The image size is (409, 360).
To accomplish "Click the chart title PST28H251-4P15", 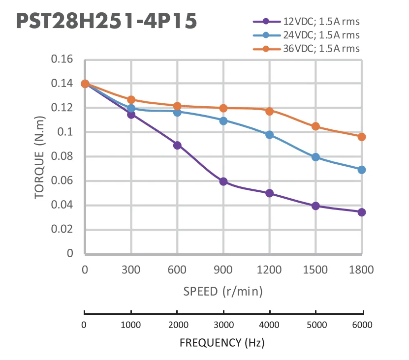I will (x=106, y=22).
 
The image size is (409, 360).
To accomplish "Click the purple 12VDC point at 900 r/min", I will (x=223, y=181).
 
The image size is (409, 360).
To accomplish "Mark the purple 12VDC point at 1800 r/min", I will (x=362, y=212).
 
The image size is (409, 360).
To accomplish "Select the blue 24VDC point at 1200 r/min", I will (x=269, y=135).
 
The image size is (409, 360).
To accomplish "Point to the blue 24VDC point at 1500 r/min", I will (x=315, y=157).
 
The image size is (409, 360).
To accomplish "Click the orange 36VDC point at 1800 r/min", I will (x=362, y=137).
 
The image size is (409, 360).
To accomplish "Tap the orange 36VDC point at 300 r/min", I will (x=131, y=100).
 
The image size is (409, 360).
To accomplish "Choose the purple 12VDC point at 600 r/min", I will (x=177, y=145).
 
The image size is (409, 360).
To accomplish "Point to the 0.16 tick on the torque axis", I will (x=62, y=60).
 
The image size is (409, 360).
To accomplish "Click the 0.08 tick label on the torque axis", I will (x=62, y=157).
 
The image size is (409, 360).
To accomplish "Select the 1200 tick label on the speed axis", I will (x=269, y=270).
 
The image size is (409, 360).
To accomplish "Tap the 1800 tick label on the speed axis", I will (x=362, y=270).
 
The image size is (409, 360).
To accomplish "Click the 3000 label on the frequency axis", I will (x=223, y=325).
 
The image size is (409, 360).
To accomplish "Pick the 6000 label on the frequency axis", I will (x=362, y=325).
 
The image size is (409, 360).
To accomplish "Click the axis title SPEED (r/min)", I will (x=223, y=291).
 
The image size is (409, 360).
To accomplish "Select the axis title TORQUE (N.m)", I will (x=41, y=157).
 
